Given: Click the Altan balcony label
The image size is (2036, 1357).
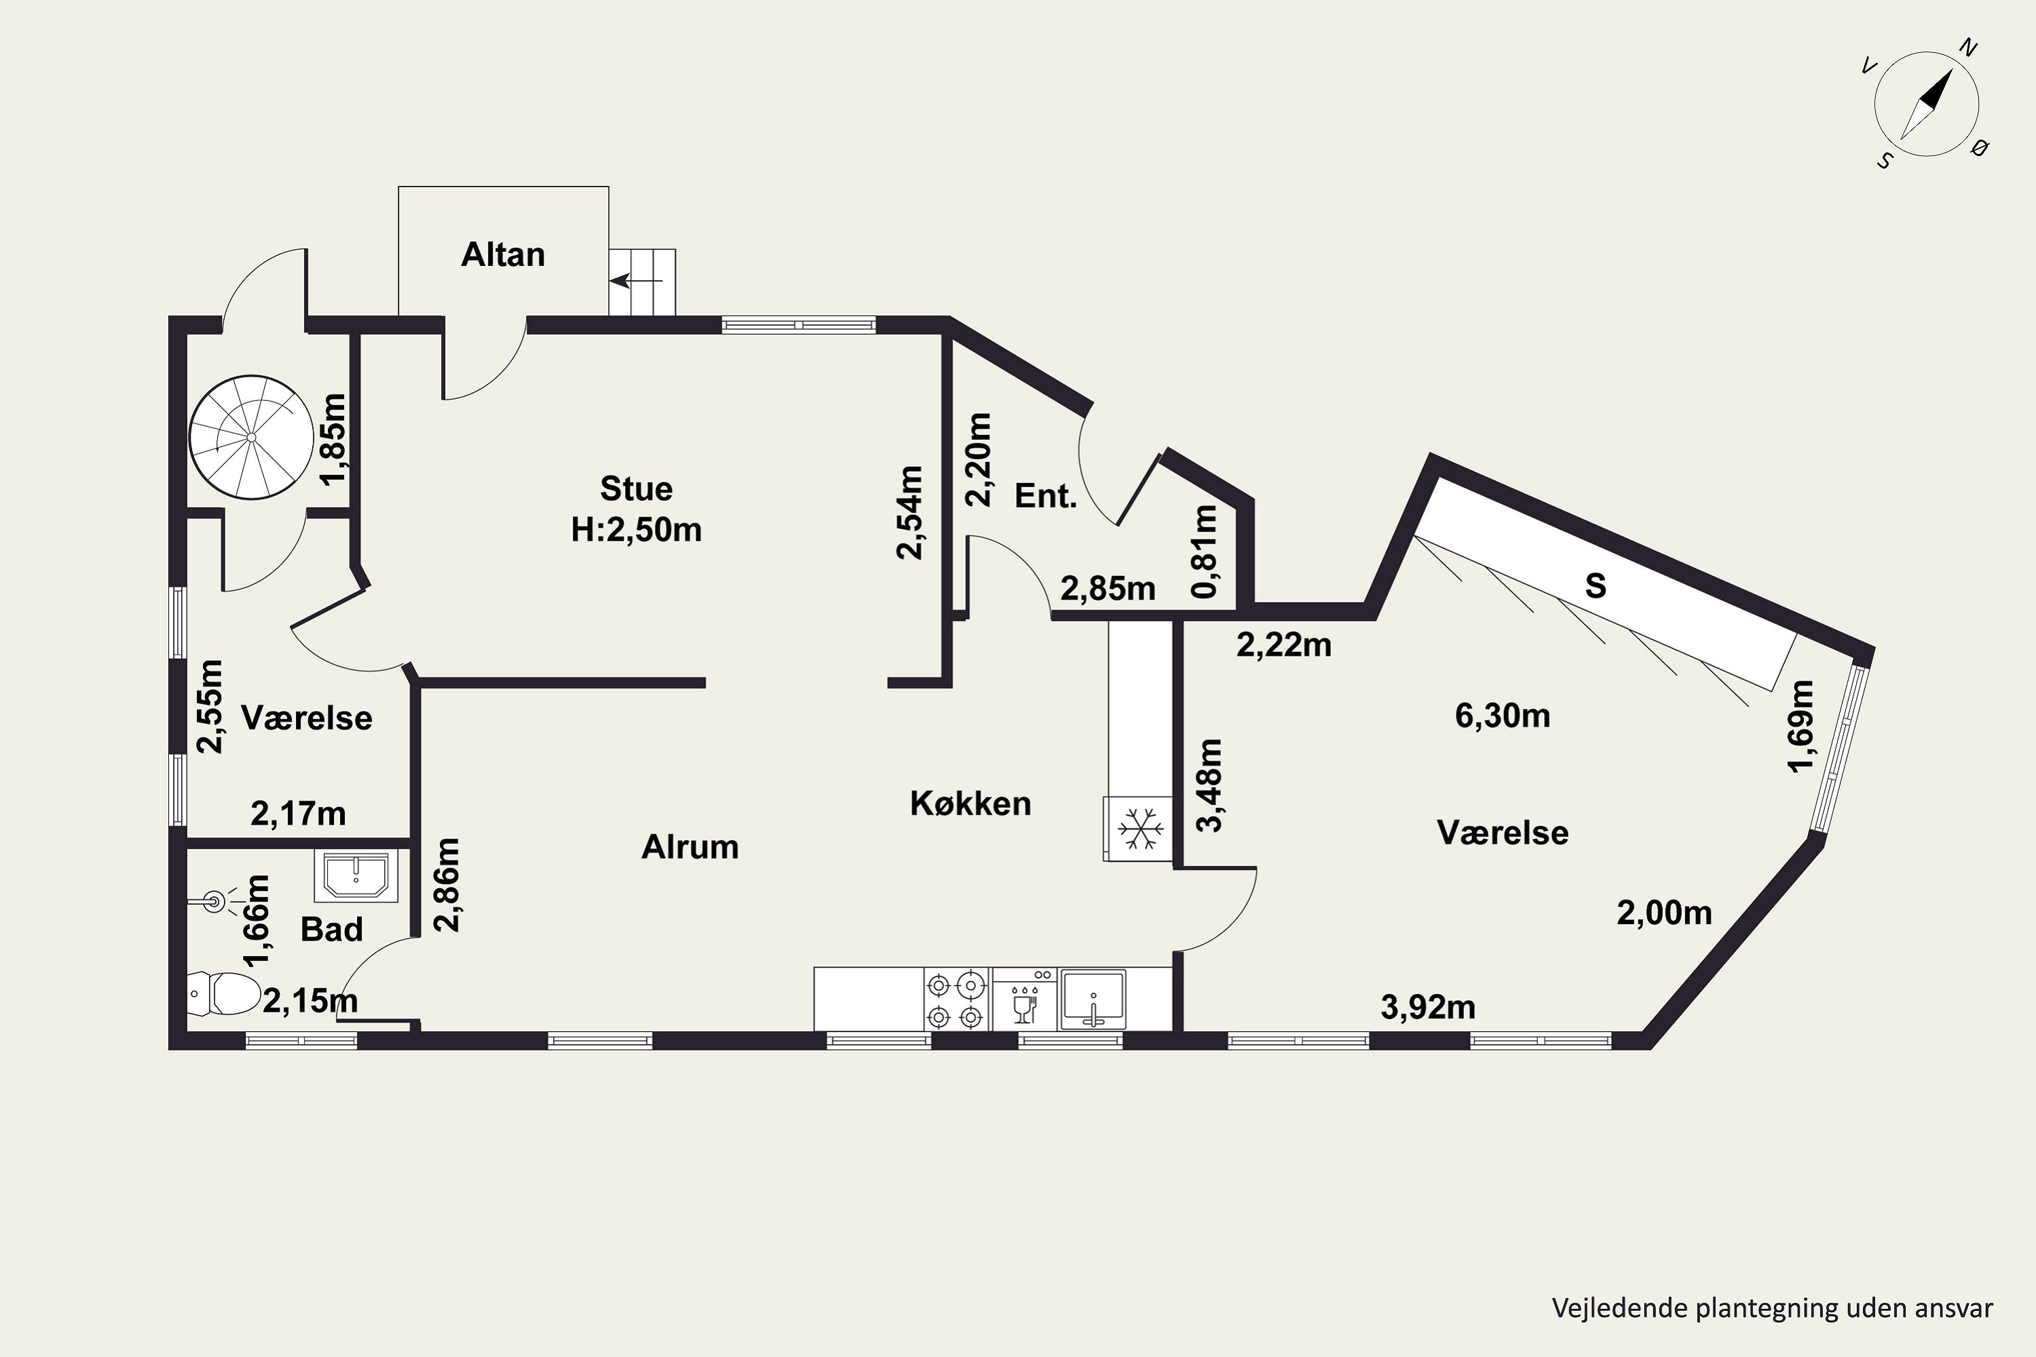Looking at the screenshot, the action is coord(503,254).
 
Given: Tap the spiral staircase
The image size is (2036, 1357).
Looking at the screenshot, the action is coord(251,437).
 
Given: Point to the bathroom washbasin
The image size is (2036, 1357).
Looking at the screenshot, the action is coord(356,875).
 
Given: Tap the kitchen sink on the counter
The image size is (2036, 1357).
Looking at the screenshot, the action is coord(1093,999).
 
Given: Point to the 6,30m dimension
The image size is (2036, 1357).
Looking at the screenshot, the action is coord(1502,716).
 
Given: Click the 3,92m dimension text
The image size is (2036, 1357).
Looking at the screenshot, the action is coord(1427,1008).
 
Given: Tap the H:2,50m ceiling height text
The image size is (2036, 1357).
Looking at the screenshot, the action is coord(637,530).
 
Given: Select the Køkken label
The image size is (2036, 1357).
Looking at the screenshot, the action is coord(970,804).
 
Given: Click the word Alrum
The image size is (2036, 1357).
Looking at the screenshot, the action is coord(690,847).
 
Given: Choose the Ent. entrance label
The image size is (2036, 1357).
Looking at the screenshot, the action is coord(1046,496).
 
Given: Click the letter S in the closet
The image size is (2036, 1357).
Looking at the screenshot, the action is coord(1596,586).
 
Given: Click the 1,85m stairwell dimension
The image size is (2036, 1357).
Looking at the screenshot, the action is coord(334,440).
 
